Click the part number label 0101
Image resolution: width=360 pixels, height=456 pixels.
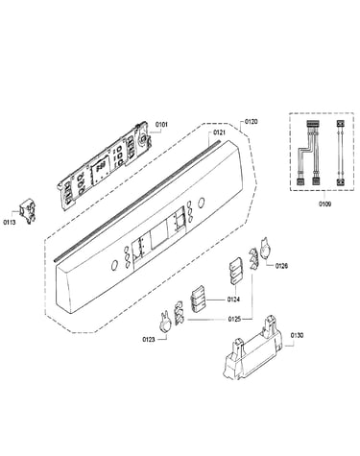pos(161,125)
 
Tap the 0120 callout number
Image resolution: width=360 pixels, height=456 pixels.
pos(251,122)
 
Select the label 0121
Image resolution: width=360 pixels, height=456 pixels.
pos(219,132)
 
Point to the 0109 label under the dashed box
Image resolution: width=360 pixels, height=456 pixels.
pos(324,204)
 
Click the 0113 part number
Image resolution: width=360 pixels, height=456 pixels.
pos(10,222)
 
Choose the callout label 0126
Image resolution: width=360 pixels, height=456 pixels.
pos(281,266)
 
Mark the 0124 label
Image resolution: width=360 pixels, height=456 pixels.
pos(233,300)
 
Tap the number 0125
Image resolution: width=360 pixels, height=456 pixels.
pos(234,319)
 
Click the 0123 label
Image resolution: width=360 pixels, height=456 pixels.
pos(149,339)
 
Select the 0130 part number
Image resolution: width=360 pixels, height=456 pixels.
pos(297,335)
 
